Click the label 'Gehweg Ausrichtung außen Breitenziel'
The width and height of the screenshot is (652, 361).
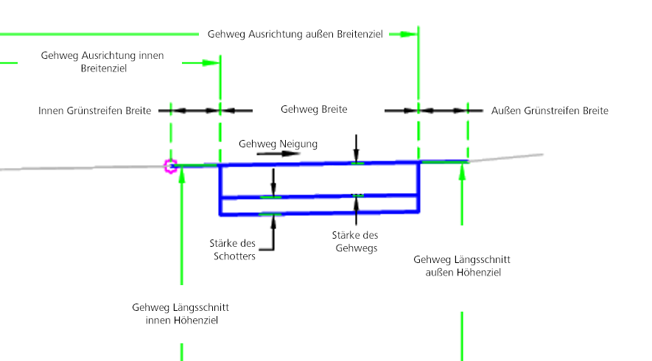pos(295,35)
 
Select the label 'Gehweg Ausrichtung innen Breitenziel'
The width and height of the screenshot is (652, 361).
pos(102,62)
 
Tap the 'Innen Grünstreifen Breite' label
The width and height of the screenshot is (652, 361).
pos(94,111)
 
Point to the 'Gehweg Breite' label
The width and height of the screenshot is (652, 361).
pos(314,109)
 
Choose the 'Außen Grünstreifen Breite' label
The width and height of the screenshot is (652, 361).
pos(550,111)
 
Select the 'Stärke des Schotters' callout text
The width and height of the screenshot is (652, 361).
pos(235,249)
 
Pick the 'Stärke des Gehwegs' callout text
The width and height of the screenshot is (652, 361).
pos(355,242)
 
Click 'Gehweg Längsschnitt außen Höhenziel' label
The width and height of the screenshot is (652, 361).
pos(462,266)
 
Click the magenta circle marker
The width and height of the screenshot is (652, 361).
pos(171,167)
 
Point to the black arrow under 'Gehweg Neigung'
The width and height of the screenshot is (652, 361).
pos(258,155)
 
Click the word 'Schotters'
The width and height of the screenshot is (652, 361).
pos(235,256)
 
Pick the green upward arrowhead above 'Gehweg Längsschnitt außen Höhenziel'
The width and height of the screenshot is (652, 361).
pos(462,172)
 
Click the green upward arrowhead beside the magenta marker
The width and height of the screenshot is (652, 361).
pos(181,176)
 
